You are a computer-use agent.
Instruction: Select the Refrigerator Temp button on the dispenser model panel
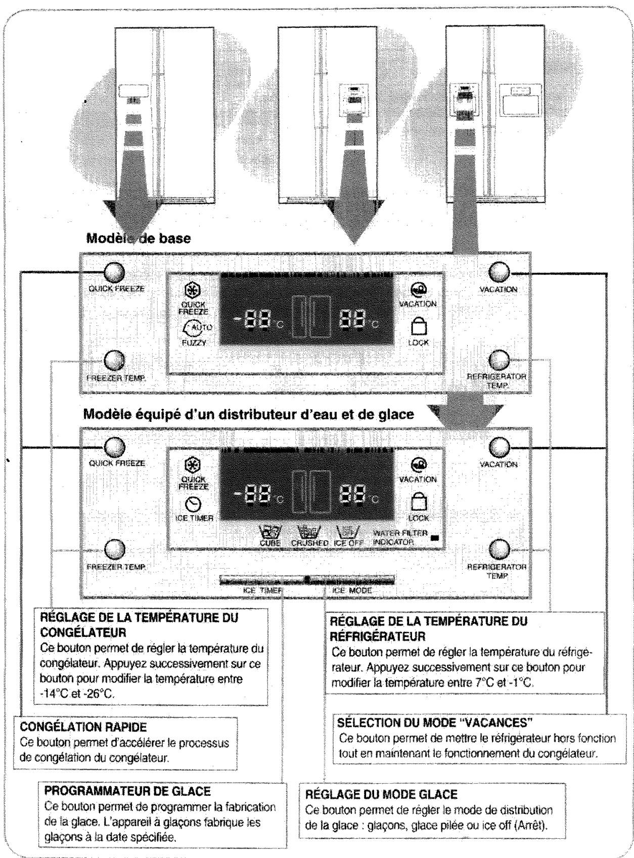[499, 549]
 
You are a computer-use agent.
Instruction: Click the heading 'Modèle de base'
[139, 238]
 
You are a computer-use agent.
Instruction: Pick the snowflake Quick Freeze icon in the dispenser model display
[194, 464]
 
